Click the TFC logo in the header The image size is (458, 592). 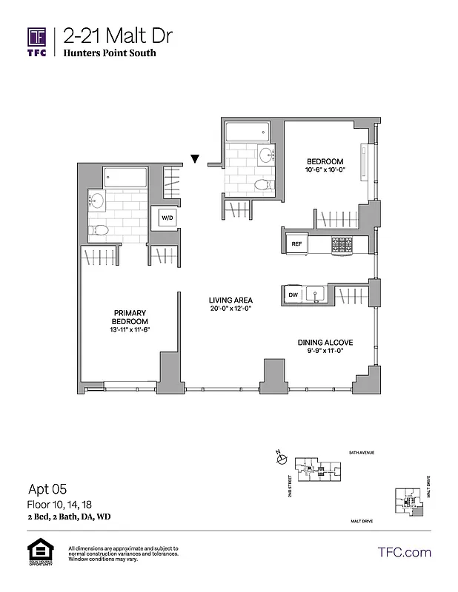tap(38, 41)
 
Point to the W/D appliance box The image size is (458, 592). tap(165, 218)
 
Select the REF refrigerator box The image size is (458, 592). tap(296, 243)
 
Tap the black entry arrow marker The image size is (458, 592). tap(195, 158)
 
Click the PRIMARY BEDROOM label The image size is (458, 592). tap(130, 317)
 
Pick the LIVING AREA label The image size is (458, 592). tap(230, 300)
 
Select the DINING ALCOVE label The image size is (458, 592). tap(325, 342)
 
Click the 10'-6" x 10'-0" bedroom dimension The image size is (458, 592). tap(326, 170)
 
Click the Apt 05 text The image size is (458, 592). tap(47, 488)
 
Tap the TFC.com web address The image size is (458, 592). tap(404, 552)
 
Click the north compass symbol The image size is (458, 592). tap(281, 459)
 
